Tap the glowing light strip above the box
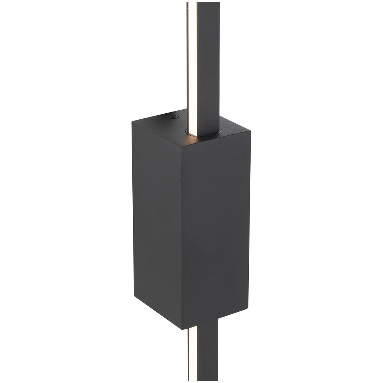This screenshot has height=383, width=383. pyautogui.click(x=192, y=57)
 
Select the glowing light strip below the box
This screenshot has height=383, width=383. pyautogui.click(x=193, y=353)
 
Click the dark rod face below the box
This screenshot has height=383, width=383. pyautogui.click(x=207, y=353)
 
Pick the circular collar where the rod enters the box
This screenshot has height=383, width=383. pyautogui.click(x=203, y=132)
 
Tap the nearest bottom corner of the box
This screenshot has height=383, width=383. pyautogui.click(x=182, y=328)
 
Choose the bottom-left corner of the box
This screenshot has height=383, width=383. pyautogui.click(x=134, y=295)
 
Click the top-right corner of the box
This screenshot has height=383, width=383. pyautogui.click(x=250, y=130)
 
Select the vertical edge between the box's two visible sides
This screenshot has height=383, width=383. pyautogui.click(x=182, y=235)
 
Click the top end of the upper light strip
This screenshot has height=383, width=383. pyautogui.click(x=192, y=3)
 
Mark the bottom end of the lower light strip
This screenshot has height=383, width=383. pyautogui.click(x=193, y=379)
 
